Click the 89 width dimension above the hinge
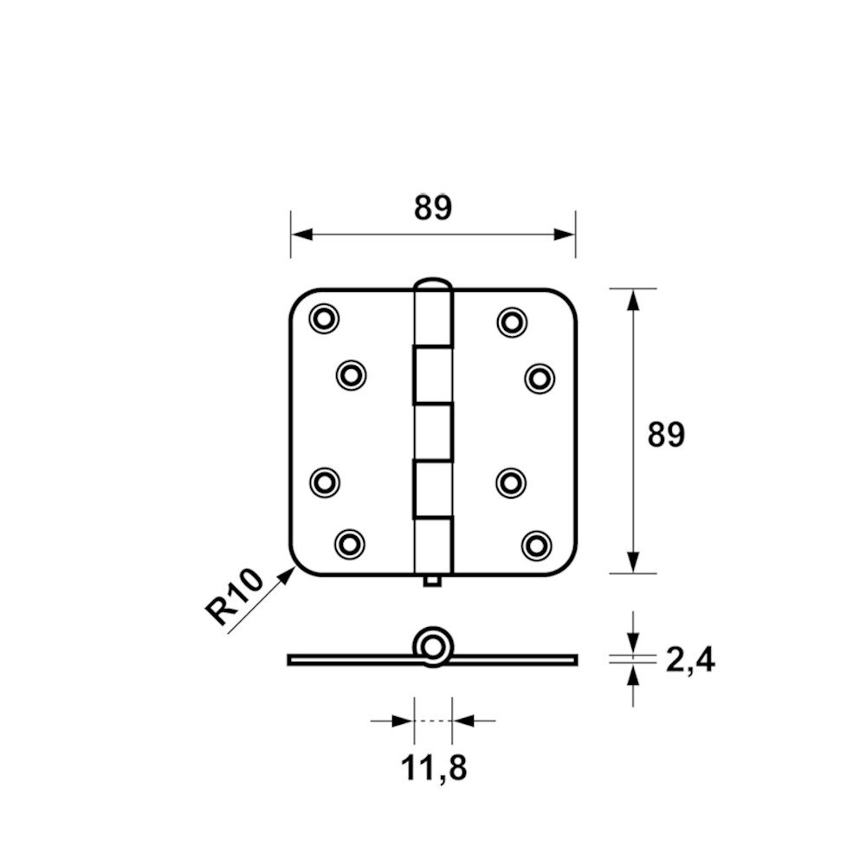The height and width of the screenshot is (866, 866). (433, 208)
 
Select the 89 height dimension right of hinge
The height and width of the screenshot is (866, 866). (666, 434)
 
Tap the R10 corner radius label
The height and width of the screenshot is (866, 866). (234, 597)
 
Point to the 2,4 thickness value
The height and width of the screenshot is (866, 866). (690, 659)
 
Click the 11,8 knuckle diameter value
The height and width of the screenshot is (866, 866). (434, 767)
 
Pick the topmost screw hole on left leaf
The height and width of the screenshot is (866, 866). (324, 319)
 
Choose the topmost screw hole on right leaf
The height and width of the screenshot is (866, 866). (512, 322)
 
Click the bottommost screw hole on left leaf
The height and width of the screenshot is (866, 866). (350, 545)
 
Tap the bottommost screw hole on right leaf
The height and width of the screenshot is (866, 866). (537, 546)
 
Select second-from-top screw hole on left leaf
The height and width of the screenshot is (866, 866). (352, 376)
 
